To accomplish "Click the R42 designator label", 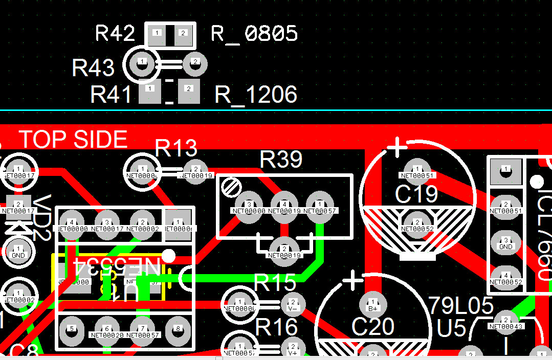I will [x=115, y=34].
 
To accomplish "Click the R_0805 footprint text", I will [x=254, y=34].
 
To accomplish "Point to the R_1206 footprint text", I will [x=256, y=95].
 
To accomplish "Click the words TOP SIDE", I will [x=73, y=140].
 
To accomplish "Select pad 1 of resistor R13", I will [x=142, y=169].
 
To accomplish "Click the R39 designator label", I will [x=281, y=160].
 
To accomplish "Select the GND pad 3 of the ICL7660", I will [x=505, y=243].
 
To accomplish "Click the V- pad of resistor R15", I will [x=293, y=305].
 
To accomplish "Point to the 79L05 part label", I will [x=460, y=306].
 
